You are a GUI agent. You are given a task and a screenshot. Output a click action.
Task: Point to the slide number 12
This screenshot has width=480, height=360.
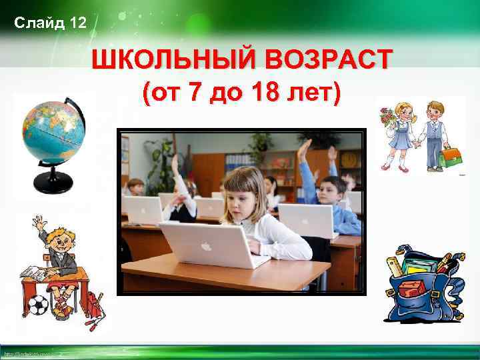pos(77,24)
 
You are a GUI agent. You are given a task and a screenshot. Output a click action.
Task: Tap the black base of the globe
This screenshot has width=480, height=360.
pos(53,181)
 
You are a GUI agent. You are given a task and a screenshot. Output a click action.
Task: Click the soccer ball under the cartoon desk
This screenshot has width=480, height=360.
pos(39,304)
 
